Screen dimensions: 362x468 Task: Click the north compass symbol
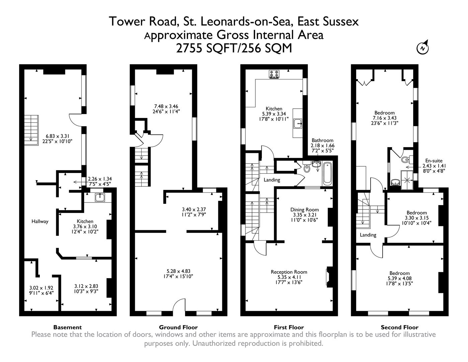coord(423,48)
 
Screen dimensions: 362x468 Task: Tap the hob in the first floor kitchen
coord(274,74)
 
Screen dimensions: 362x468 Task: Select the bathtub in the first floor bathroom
coord(327,173)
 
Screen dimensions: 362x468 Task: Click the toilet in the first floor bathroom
coord(307,168)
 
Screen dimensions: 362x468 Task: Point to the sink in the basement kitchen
coord(99,197)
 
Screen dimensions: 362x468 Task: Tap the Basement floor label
coord(67,327)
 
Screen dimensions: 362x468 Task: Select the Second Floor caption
coord(399,327)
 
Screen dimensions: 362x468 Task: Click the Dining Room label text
coord(304,209)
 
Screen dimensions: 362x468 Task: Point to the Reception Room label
coord(289,272)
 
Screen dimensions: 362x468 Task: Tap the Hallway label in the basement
coord(40,221)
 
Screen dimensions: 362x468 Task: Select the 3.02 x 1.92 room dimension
coord(41,288)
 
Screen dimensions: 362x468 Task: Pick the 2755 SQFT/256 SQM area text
coord(234,49)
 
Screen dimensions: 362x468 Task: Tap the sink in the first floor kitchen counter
coord(298,124)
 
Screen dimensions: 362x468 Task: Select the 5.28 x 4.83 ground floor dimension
coord(178,271)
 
